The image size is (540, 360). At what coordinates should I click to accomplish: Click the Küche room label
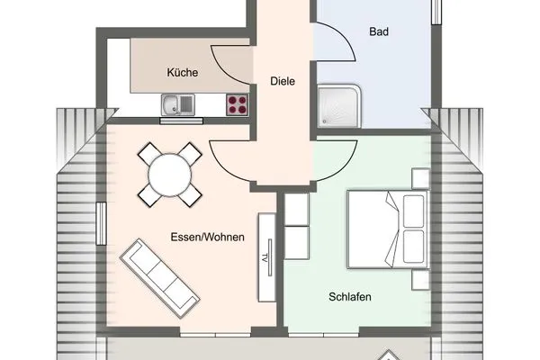pos(182,73)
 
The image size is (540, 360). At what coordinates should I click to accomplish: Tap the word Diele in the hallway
pos(283,81)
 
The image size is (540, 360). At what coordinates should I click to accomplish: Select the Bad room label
pos(380,31)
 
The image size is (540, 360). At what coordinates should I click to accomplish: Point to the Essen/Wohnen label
pos(202,238)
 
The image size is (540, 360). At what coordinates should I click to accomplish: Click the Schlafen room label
pos(351,296)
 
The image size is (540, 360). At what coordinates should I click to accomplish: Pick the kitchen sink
pos(178,105)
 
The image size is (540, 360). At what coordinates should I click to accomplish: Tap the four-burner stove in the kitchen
pos(237,105)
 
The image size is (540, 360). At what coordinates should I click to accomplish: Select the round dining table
pos(170,173)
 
